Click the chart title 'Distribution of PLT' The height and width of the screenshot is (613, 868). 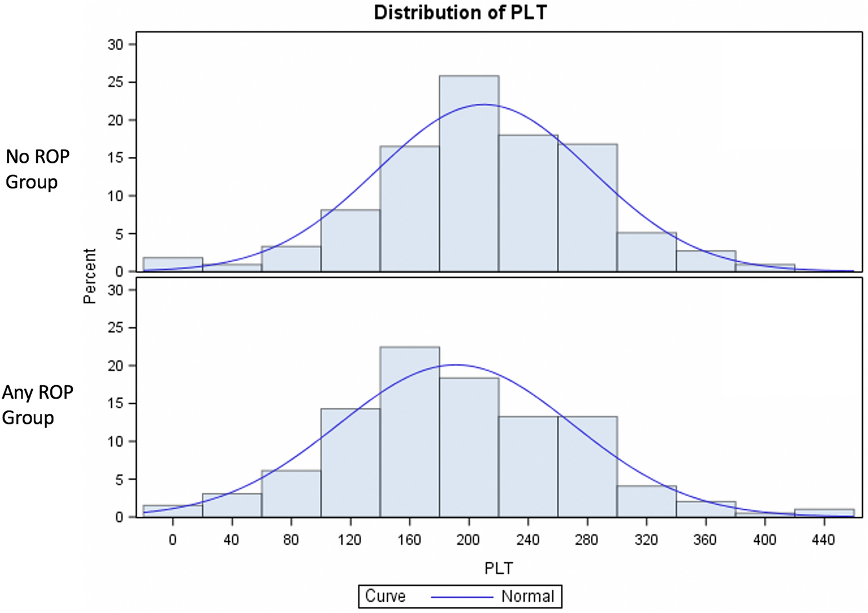pos(460,12)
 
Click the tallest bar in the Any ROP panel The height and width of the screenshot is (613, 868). pos(410,432)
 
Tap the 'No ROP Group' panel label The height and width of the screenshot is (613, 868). pos(37,169)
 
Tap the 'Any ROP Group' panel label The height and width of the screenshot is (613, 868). pos(37,405)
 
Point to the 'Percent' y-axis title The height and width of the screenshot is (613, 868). pos(90,276)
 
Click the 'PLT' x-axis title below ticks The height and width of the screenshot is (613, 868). pos(498,568)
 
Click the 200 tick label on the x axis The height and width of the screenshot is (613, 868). pos(468,540)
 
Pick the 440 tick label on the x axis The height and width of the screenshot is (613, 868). pos(823,540)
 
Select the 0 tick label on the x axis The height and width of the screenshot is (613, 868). pos(172,540)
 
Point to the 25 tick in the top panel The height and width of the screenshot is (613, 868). pos(115,82)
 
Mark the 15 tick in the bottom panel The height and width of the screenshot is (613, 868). pos(115,404)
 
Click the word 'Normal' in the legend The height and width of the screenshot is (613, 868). pos(528,596)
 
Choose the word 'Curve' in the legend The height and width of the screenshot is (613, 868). pos(385,596)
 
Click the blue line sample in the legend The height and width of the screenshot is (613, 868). pos(462,597)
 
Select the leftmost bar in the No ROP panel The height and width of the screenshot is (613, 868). pos(172,264)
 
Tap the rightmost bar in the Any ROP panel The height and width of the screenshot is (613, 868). pos(824,513)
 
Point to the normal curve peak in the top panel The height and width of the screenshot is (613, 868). pos(484,104)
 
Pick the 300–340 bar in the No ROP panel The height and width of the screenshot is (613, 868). pos(646,252)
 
